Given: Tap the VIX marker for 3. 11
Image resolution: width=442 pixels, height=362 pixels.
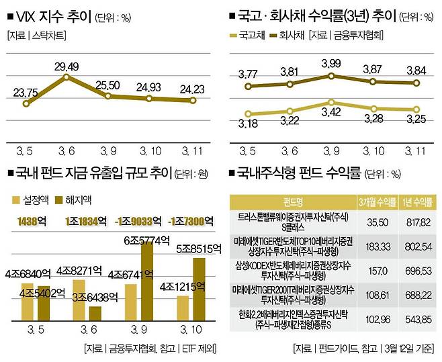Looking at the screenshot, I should [193, 101].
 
